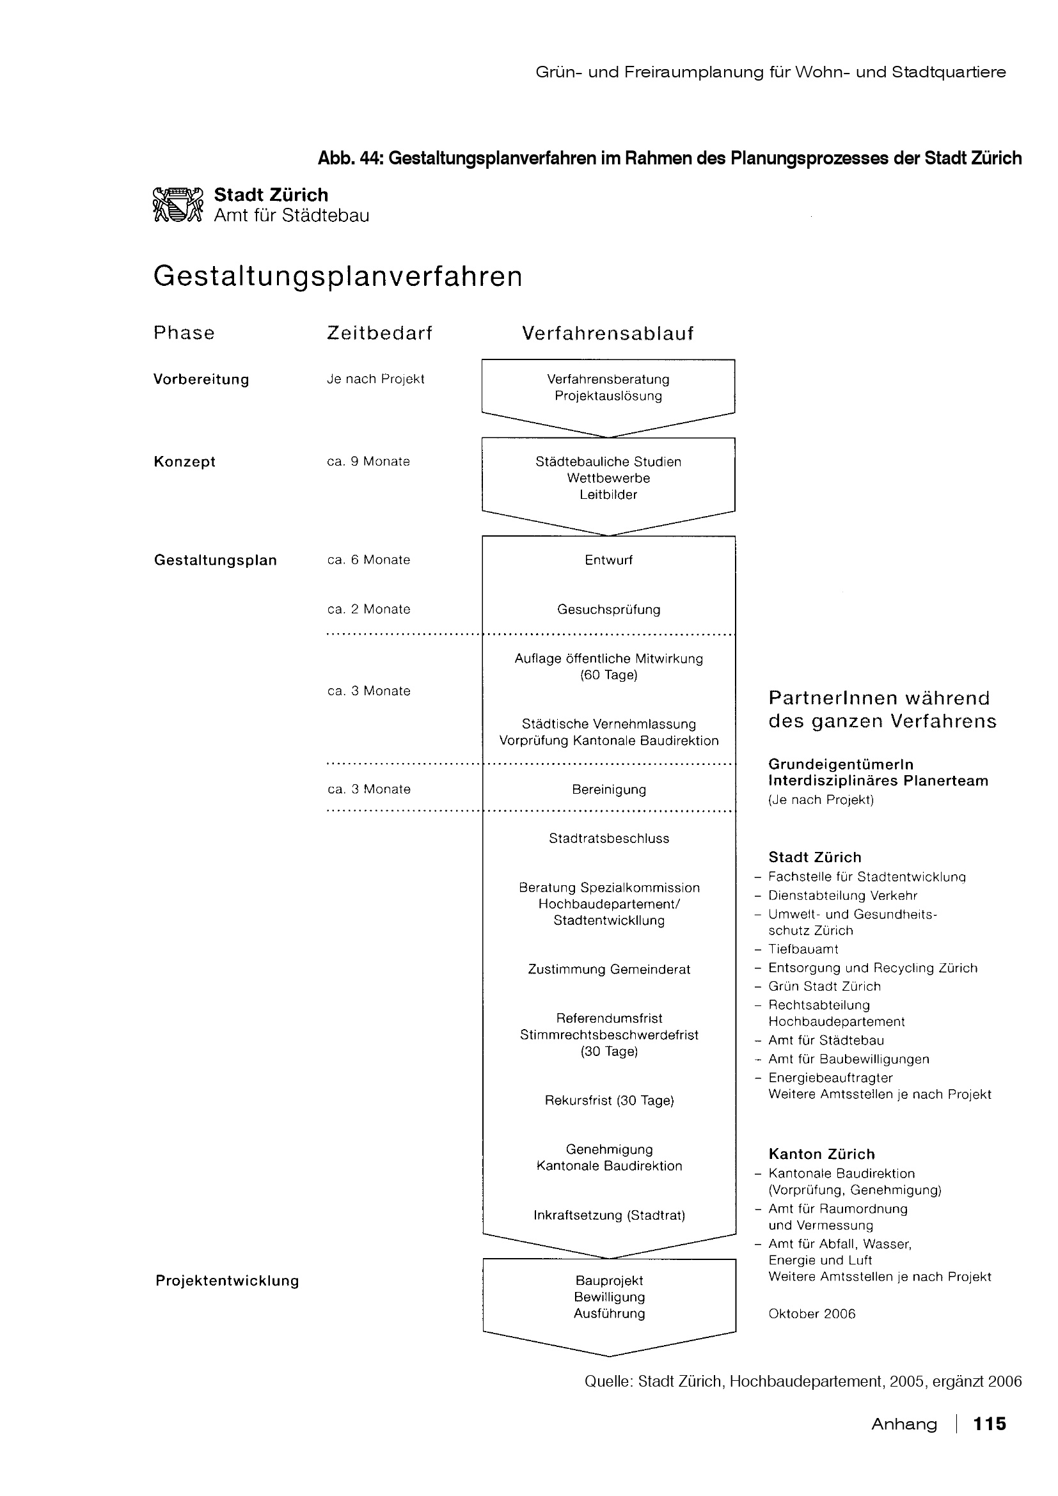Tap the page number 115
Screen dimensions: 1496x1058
point(989,1424)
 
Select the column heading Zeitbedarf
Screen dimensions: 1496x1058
point(379,334)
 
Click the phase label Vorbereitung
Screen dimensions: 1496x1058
point(201,379)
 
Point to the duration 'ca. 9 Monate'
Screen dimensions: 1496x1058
point(368,461)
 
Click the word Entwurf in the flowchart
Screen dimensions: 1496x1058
point(608,560)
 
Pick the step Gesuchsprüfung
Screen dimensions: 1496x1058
point(608,610)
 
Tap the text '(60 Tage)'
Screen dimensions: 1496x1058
point(608,675)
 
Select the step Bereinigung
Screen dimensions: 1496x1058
point(608,789)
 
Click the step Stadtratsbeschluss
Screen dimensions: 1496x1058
point(608,839)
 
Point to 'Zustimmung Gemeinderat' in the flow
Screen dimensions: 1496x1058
point(608,969)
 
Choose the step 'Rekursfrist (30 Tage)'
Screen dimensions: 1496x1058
point(608,1101)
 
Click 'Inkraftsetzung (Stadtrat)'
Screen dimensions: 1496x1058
point(608,1215)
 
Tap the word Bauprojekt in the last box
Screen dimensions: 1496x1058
point(608,1280)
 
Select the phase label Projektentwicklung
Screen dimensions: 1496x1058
point(226,1281)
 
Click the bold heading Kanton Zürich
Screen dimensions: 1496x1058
point(821,1154)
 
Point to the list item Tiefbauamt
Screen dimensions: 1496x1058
point(803,949)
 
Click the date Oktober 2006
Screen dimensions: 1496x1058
point(811,1314)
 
